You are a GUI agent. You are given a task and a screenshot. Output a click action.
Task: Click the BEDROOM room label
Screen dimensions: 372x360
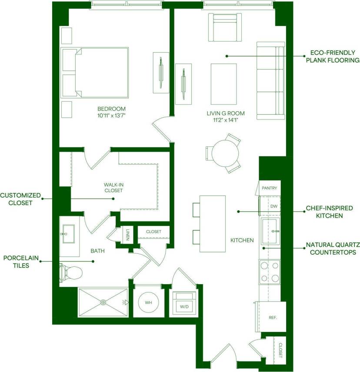tap(112, 109)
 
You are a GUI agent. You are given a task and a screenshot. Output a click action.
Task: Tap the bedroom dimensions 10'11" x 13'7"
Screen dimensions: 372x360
tap(112, 116)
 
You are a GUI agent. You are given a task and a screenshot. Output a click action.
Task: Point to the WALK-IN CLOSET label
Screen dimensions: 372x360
tap(113, 187)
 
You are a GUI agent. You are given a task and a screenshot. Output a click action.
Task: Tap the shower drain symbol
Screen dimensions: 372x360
tap(103, 302)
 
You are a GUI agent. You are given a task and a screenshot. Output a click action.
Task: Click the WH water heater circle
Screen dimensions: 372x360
tap(149, 302)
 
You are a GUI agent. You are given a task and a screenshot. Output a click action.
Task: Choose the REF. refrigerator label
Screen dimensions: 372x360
tap(273, 318)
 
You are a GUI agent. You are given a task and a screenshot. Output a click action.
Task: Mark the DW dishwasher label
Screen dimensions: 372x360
tap(273, 206)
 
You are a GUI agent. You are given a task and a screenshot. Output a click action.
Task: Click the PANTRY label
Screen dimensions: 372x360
tap(270, 188)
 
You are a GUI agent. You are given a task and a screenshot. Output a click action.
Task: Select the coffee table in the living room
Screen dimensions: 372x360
tap(224, 82)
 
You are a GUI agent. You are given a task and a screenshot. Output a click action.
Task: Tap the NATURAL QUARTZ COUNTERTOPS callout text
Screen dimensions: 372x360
tap(332, 248)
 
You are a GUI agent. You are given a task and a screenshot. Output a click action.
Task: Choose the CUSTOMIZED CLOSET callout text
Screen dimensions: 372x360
tap(20, 199)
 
